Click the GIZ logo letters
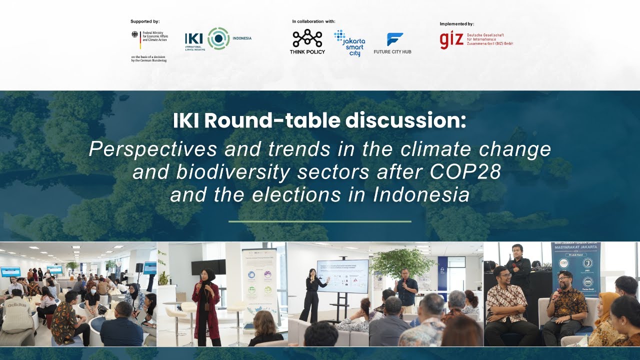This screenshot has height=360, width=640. (x=451, y=40)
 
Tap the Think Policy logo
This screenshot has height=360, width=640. (x=307, y=41)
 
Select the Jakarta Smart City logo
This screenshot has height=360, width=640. (x=350, y=43)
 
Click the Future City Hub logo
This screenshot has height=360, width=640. (x=392, y=43)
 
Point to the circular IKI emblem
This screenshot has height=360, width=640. (x=218, y=38)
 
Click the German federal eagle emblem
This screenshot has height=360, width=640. (x=135, y=35)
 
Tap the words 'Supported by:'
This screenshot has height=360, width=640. (x=145, y=21)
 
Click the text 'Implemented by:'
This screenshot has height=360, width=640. (x=456, y=24)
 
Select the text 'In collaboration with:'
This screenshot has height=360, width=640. (x=313, y=21)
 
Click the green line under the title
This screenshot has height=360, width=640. (x=320, y=221)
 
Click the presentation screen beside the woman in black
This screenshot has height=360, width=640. (x=342, y=276)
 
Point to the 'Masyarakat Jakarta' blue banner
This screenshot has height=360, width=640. (x=576, y=265)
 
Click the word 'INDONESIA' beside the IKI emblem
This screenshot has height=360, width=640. (x=242, y=38)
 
